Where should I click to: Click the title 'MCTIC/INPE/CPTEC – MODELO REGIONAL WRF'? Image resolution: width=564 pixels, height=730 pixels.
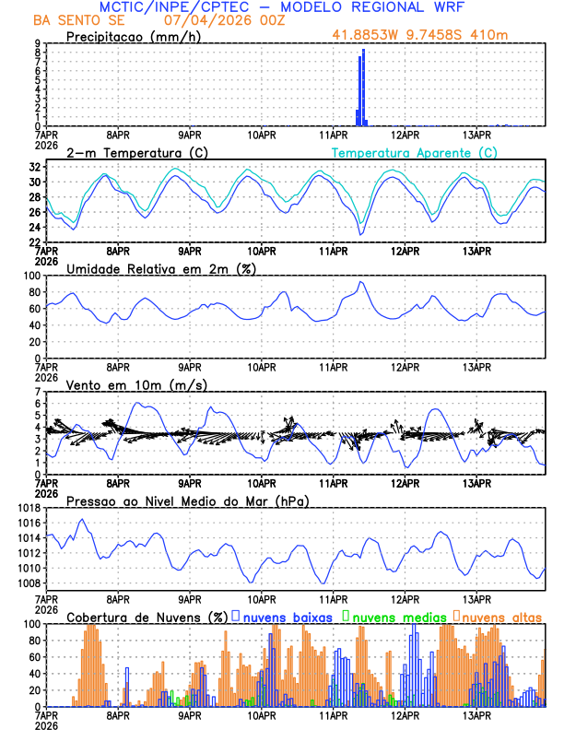pyautogui.click(x=288, y=7)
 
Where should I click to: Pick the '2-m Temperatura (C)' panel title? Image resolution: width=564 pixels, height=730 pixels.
pyautogui.click(x=136, y=152)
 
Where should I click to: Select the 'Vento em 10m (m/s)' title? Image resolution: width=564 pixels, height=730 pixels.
pyautogui.click(x=136, y=384)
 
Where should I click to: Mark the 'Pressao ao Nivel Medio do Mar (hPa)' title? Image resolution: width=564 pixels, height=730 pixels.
pyautogui.click(x=187, y=500)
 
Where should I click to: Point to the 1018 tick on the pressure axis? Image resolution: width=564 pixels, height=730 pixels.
pyautogui.click(x=26, y=508)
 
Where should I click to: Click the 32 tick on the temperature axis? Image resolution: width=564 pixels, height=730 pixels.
pyautogui.click(x=32, y=167)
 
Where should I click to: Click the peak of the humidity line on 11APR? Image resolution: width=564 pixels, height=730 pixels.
pyautogui.click(x=360, y=282)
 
